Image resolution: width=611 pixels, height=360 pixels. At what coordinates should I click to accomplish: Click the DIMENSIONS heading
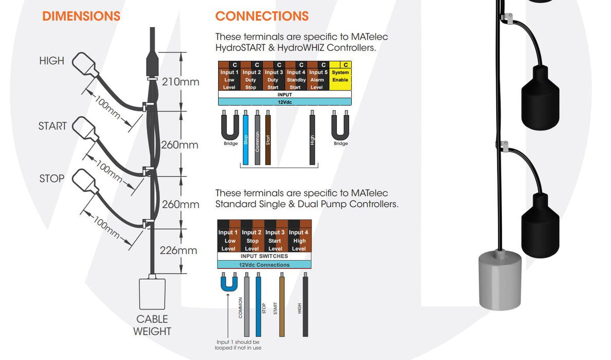81,16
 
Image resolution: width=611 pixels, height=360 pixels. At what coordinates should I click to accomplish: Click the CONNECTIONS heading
262,16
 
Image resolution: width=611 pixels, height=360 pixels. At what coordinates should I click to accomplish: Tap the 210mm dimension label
180,82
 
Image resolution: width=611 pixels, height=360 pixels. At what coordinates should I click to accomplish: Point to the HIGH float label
52,61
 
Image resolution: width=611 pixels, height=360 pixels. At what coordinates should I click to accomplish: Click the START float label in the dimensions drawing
52,126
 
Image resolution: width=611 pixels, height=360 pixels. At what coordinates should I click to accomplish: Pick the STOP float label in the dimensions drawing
52,178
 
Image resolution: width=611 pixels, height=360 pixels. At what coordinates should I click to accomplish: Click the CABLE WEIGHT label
152,325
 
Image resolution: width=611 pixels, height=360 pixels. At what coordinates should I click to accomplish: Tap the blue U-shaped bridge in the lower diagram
228,283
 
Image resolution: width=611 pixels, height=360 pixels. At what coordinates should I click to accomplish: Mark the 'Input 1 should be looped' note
237,345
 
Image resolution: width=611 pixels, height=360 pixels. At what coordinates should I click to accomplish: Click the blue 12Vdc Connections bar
264,265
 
